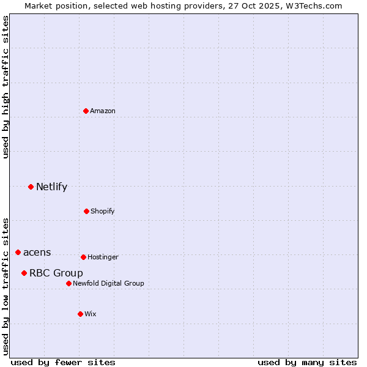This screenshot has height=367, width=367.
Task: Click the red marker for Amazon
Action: click(86, 111)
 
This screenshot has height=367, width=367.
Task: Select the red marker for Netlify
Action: click(31, 187)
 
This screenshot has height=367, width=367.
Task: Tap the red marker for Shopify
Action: click(86, 211)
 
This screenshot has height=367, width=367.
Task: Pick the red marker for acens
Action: click(18, 252)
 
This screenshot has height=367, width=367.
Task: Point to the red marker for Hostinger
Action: click(83, 257)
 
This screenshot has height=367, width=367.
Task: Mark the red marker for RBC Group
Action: click(24, 273)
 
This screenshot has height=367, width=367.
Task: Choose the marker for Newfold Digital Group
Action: click(69, 283)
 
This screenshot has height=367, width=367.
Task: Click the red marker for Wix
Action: click(80, 314)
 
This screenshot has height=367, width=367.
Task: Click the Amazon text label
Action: click(103, 111)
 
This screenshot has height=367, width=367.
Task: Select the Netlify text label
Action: click(51, 187)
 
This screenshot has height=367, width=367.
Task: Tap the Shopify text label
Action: click(103, 211)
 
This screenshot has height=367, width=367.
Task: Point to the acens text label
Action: click(37, 252)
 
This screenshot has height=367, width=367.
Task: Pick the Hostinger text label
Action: click(103, 257)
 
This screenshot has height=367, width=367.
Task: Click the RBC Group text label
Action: click(56, 273)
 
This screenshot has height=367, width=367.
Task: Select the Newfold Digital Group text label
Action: click(108, 283)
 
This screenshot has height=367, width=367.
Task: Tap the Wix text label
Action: click(91, 314)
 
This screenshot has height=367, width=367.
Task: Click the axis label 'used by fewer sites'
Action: click(63, 362)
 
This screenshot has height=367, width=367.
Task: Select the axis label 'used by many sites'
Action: click(307, 362)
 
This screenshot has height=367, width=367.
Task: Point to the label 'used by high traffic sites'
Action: click(6, 87)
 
